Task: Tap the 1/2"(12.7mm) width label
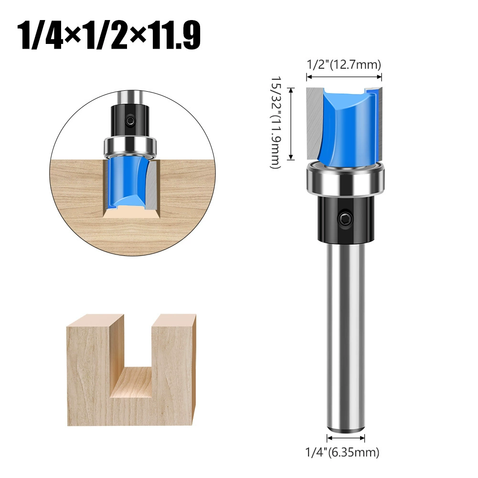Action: coord(344,64)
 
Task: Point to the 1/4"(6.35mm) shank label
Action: coord(342,452)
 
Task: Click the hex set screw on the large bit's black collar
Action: coord(345,218)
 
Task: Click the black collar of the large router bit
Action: coord(345,219)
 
